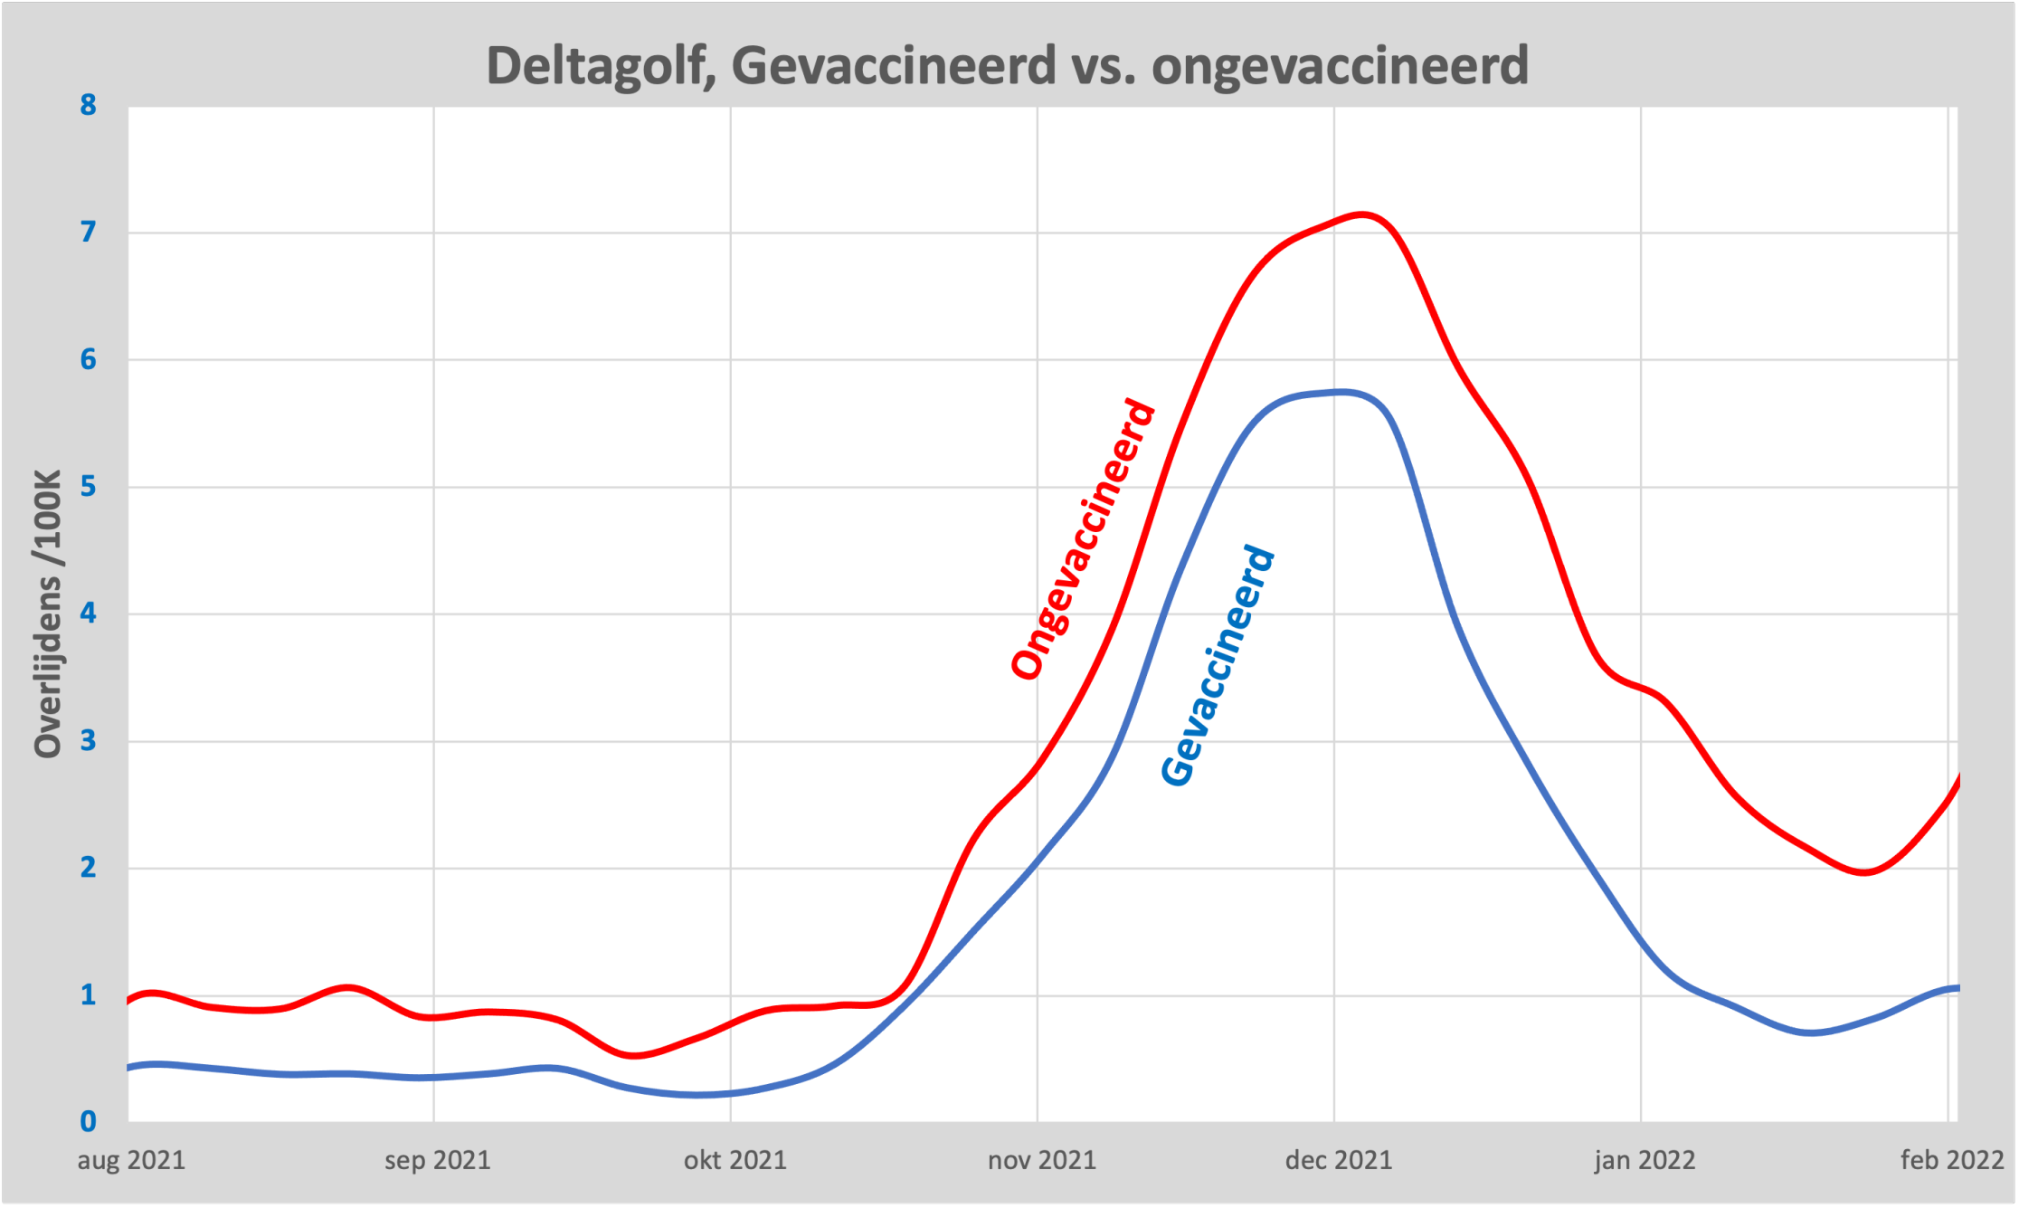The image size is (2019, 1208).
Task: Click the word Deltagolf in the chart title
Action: tap(594, 66)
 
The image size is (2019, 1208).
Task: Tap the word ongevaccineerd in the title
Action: tap(1340, 66)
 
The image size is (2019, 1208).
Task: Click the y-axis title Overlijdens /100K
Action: tap(47, 614)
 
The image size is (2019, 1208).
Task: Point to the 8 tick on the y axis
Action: tap(88, 105)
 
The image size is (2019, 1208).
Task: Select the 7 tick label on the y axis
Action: tap(88, 233)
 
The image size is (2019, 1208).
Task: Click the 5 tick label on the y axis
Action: tap(88, 487)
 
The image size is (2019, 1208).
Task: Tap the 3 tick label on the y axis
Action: tap(88, 741)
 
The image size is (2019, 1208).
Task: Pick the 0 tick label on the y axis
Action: tap(88, 1122)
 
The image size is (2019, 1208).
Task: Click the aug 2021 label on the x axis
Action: tap(131, 1160)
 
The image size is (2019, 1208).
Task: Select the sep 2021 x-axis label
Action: tap(437, 1160)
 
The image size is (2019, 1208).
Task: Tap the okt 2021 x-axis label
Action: tap(735, 1160)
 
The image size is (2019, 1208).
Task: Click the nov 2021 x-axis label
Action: tap(1041, 1160)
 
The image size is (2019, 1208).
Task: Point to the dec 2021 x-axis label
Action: tap(1338, 1160)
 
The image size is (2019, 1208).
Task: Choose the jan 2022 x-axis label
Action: tap(1644, 1160)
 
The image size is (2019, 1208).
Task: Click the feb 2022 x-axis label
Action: tap(1951, 1160)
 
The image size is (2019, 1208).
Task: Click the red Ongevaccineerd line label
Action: tap(1083, 539)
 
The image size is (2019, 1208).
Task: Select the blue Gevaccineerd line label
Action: tap(1218, 666)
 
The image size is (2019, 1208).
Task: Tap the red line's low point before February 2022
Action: tap(1863, 872)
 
